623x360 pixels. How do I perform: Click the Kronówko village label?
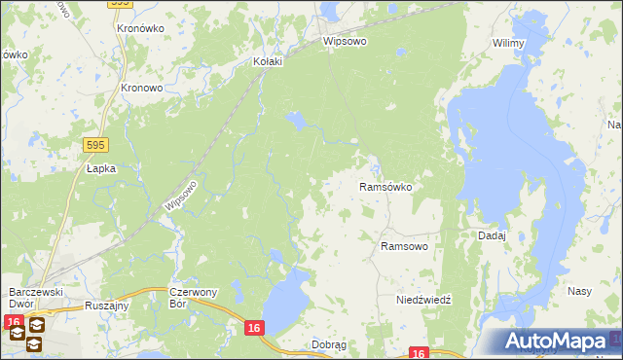coord(139,28)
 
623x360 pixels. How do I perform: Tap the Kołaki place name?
coord(267,61)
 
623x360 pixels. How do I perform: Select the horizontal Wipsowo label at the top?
coord(345,43)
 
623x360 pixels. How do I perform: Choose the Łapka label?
coord(100,168)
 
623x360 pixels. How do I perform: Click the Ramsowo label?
coord(404,247)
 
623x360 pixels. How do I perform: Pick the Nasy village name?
coord(580,291)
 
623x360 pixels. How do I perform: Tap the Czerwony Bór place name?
coord(192,298)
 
